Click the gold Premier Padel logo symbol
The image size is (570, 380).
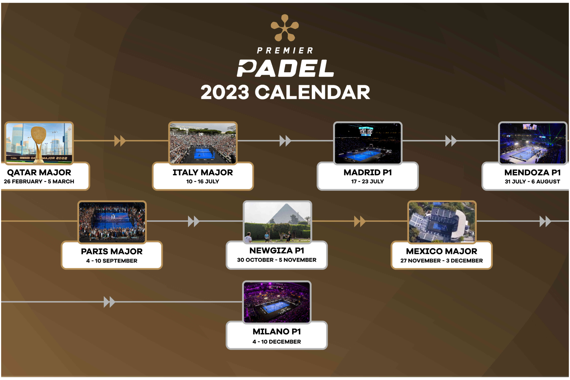click(285, 28)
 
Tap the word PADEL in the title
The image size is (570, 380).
click(285, 68)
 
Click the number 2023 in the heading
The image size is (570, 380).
click(225, 92)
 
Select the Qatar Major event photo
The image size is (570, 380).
click(39, 143)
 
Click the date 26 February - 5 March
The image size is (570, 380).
click(39, 182)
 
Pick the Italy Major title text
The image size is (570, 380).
click(203, 172)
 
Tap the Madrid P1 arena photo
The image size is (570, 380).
click(368, 143)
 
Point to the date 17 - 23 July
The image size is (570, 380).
click(368, 182)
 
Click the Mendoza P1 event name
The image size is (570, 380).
click(533, 172)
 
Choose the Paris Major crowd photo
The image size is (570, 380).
click(112, 222)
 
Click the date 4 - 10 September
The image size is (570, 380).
click(112, 261)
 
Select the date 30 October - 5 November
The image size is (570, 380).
click(277, 260)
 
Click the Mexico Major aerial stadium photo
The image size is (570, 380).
click(442, 222)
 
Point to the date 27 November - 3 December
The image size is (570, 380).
click(442, 261)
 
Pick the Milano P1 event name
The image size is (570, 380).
click(277, 332)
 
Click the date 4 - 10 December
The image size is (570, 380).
click(277, 342)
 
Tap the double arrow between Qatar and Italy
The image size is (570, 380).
click(120, 141)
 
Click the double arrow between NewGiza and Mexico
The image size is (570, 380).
click(360, 221)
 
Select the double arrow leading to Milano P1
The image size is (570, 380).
click(109, 302)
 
